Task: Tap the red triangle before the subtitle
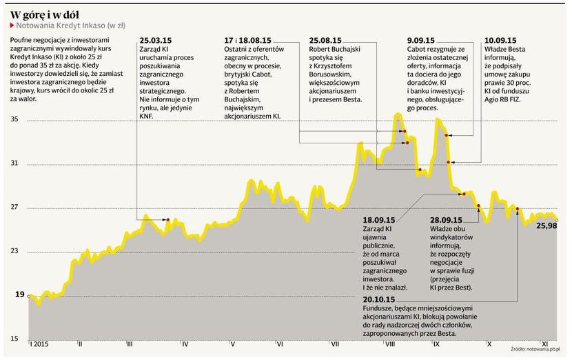coord(12,24)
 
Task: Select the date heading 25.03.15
coord(156,41)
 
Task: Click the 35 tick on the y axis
coord(14,120)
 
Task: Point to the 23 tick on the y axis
coord(14,251)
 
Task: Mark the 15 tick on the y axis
coord(14,339)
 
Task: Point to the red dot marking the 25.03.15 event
coord(168,220)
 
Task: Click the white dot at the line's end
coord(557,220)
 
